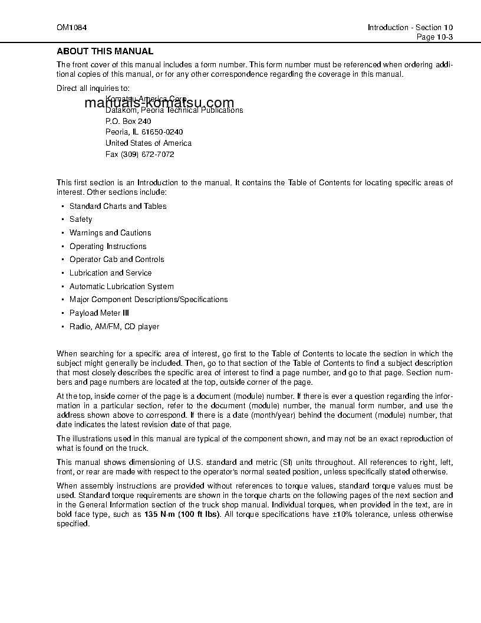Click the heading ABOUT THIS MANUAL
[104, 51]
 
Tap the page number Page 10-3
[434, 37]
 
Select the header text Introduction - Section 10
[410, 27]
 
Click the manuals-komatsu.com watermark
[159, 103]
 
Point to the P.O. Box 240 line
[128, 121]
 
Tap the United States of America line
[148, 143]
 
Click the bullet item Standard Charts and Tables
[118, 206]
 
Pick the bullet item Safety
[81, 219]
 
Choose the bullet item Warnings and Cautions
[110, 233]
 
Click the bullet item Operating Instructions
[108, 247]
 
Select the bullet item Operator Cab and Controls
[117, 260]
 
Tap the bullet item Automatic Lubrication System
[121, 287]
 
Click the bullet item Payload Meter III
[99, 313]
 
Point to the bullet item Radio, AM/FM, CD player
[114, 327]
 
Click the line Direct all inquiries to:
[93, 88]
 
